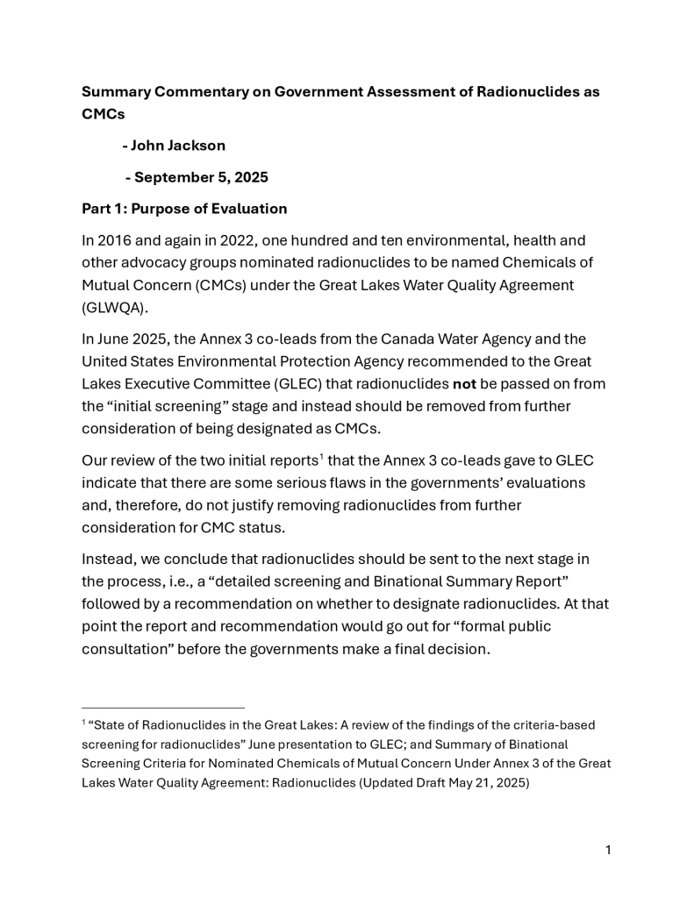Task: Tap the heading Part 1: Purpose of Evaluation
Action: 184,209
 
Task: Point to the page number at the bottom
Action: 608,850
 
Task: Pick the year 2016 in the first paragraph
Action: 116,240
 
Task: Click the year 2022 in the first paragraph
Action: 248,240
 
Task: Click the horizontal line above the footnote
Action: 163,707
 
